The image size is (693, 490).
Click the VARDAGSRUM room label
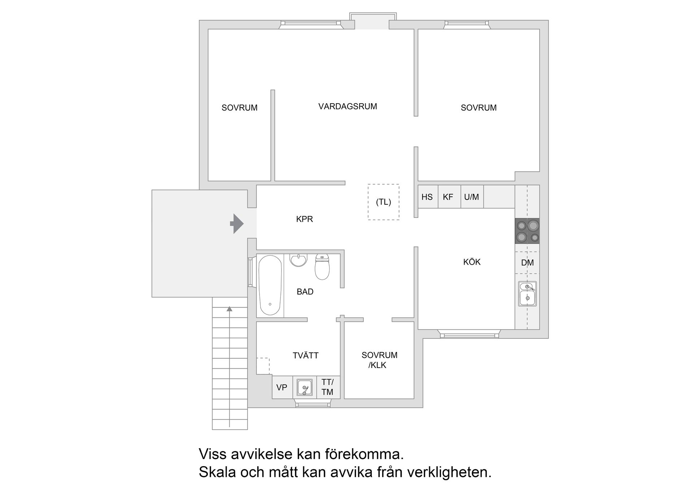[x=348, y=107]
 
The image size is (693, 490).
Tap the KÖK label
[x=472, y=262]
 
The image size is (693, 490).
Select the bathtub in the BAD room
[x=270, y=285]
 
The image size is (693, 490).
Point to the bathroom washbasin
[x=298, y=260]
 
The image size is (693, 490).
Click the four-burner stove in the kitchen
[x=527, y=231]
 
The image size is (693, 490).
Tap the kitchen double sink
[x=527, y=293]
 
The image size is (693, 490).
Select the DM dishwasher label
[x=527, y=263]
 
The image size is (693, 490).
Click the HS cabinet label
[x=427, y=197]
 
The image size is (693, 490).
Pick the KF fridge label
[x=448, y=197]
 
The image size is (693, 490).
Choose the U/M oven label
[x=471, y=197]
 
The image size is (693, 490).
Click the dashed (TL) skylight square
[x=383, y=202]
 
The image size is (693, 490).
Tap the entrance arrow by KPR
[x=237, y=224]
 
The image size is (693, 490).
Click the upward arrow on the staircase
[x=230, y=309]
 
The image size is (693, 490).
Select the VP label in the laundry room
[x=282, y=388]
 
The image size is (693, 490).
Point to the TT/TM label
[x=327, y=387]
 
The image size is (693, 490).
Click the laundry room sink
[x=304, y=387]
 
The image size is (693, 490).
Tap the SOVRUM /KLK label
[x=379, y=360]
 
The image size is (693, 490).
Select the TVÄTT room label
[x=305, y=356]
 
